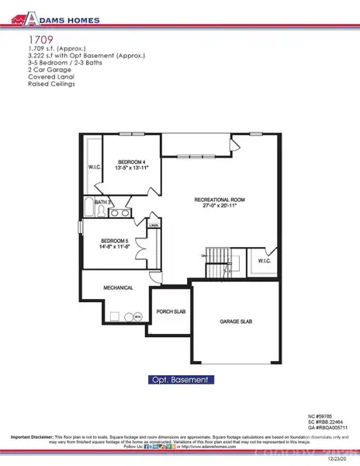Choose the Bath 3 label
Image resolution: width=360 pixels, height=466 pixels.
pos(102,202)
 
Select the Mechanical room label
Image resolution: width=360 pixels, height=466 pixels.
pos(119,287)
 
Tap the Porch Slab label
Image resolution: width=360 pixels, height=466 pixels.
pos(168,313)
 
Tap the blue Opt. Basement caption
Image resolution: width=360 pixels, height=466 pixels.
pos(179,381)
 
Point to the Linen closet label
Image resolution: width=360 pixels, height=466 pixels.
pos(154,226)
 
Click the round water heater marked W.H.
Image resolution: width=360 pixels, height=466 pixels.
pos(137,317)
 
